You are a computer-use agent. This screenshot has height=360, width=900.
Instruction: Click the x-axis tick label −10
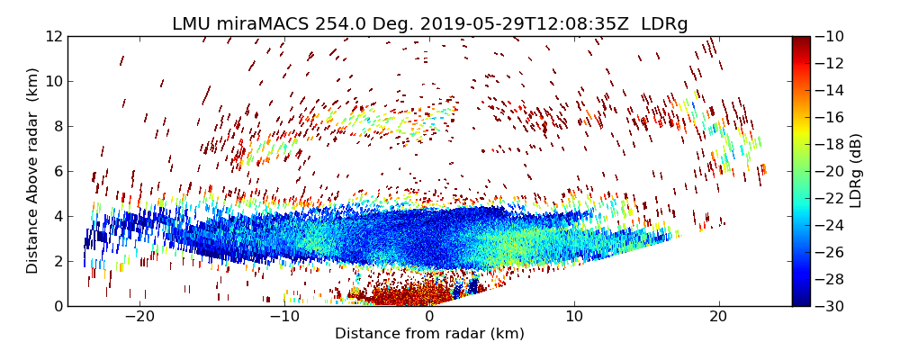point(284,318)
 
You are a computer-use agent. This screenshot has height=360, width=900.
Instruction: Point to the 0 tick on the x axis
point(429,318)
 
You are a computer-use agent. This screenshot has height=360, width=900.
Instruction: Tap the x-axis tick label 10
point(573,318)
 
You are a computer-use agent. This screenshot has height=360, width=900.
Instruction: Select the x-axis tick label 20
point(718,318)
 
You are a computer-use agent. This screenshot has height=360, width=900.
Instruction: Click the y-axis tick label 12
point(52,36)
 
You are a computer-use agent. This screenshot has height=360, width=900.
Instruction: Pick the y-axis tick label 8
point(56,126)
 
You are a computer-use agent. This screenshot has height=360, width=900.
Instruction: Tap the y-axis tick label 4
point(56,216)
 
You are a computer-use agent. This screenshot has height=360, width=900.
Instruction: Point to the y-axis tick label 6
point(56,171)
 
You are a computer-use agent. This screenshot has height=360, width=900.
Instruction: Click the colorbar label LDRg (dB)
point(856,171)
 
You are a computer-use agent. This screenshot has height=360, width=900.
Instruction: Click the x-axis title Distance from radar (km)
point(429,334)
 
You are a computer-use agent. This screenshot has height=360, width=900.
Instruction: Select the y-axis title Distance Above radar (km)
point(33,171)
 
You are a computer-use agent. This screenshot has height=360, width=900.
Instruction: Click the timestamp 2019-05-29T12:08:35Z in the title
point(535,24)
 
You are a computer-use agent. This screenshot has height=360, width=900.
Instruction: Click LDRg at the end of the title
point(664,24)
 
